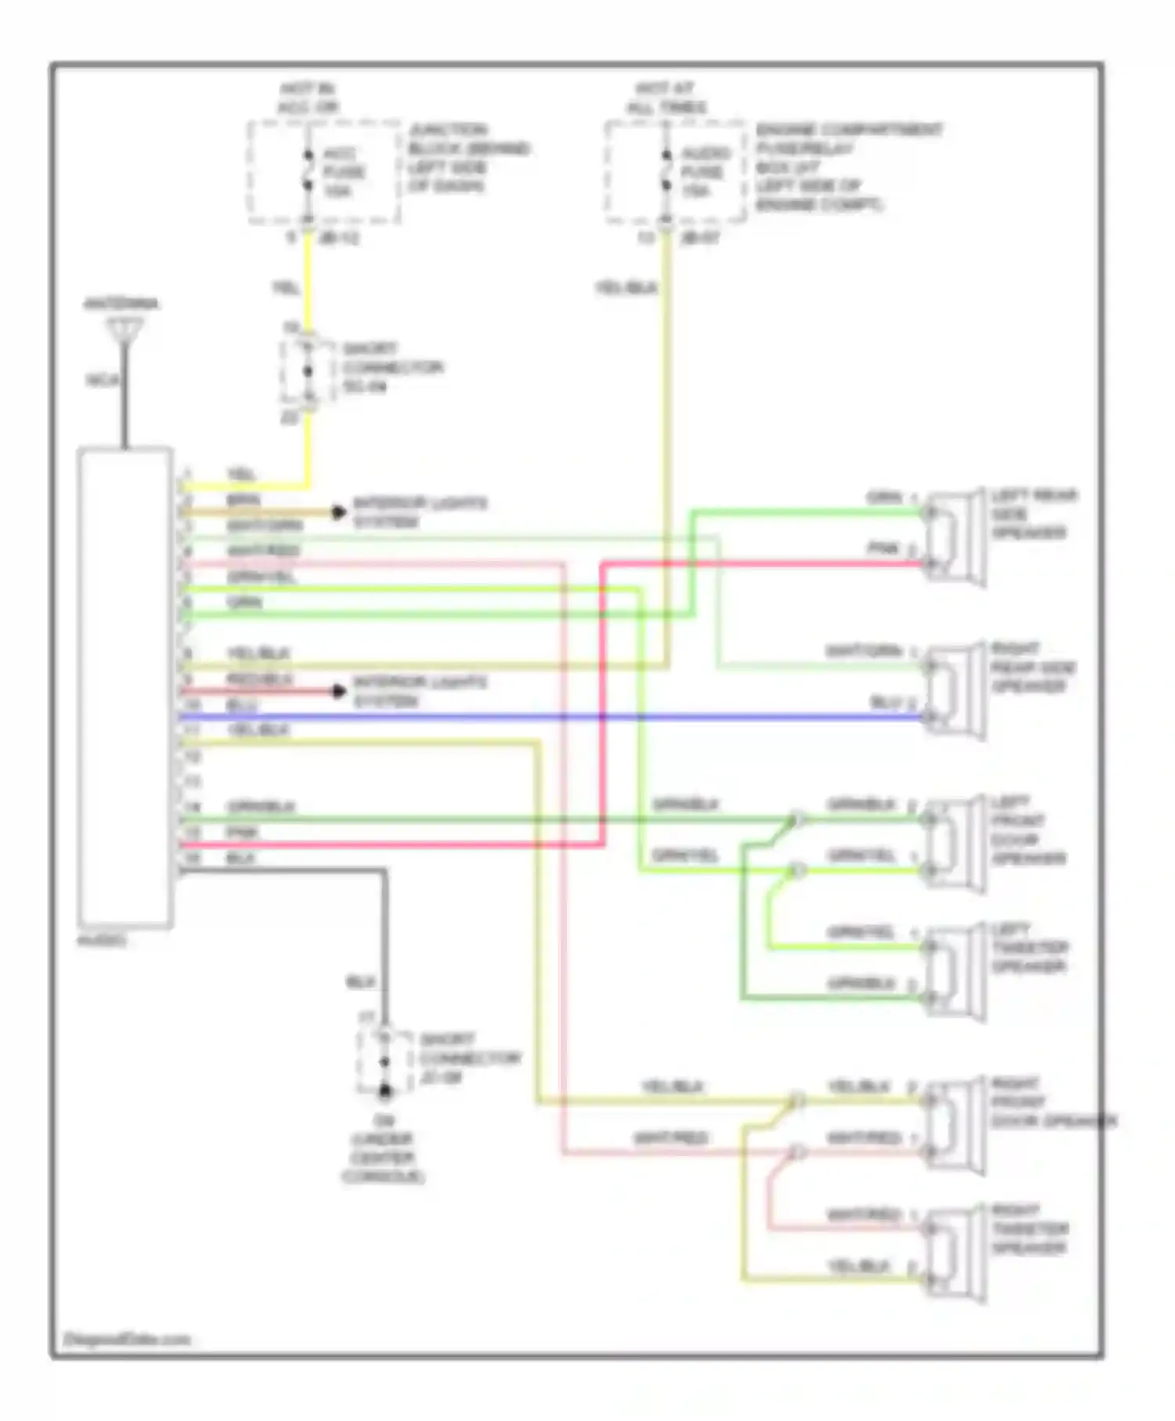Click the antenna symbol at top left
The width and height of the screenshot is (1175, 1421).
click(125, 330)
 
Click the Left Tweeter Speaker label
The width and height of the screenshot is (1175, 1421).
click(1029, 948)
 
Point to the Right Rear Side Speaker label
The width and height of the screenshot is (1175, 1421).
click(1032, 667)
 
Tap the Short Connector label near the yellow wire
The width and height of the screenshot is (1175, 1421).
click(392, 367)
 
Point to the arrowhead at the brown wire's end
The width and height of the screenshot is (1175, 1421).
click(338, 513)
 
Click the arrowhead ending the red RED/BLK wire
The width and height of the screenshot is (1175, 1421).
click(338, 692)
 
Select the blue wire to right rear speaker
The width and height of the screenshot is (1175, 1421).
click(548, 717)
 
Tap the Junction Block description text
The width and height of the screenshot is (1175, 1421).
click(468, 157)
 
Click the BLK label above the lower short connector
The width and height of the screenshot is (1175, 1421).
click(360, 982)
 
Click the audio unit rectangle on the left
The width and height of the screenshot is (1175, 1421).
click(125, 688)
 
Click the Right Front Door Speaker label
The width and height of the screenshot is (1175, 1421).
click(1050, 1103)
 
